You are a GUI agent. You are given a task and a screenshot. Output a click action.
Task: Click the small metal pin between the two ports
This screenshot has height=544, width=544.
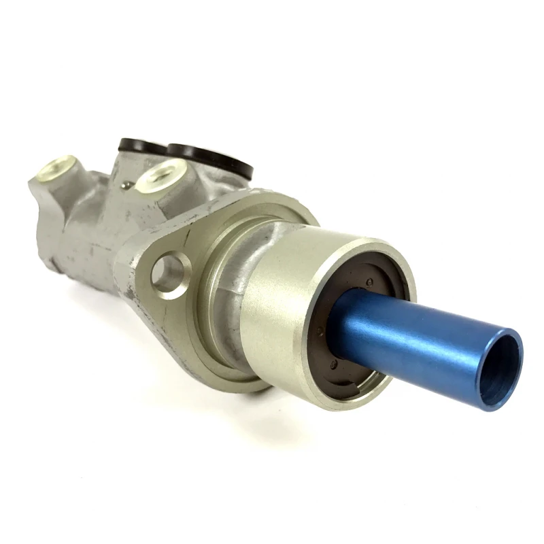click(x=126, y=183)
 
